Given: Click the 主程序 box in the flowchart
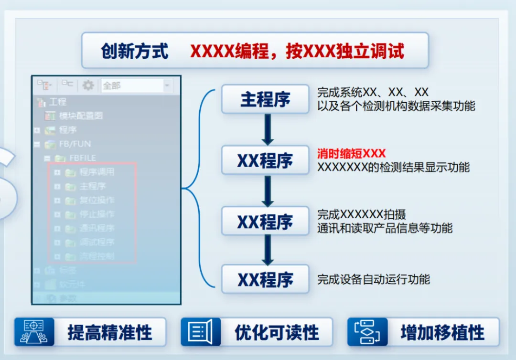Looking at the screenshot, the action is [x=265, y=99].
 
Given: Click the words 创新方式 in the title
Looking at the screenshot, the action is [x=134, y=51].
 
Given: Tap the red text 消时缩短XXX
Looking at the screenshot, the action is [x=351, y=154].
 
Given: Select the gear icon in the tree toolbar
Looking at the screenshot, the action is [x=88, y=85].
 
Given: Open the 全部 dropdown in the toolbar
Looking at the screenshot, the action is [x=136, y=86].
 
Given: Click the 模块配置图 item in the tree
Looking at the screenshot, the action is [x=80, y=116].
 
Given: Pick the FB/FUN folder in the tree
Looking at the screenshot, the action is [x=75, y=144].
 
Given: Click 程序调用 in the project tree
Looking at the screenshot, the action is [x=97, y=172].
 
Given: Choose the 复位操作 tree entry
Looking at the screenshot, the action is [x=97, y=200].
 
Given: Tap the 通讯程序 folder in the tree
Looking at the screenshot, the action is [x=97, y=228].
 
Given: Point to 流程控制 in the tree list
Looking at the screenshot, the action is [x=97, y=256].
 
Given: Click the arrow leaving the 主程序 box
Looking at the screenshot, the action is [x=268, y=129].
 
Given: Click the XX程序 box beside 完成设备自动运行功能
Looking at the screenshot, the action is [x=265, y=279].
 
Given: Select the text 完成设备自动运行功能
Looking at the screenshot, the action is [x=374, y=279].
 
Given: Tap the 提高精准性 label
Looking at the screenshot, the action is [x=109, y=332].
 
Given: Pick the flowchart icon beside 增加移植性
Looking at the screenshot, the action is [x=366, y=332].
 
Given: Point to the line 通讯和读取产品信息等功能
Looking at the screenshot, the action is [x=385, y=228].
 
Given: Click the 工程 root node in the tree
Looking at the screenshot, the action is [x=57, y=102].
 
